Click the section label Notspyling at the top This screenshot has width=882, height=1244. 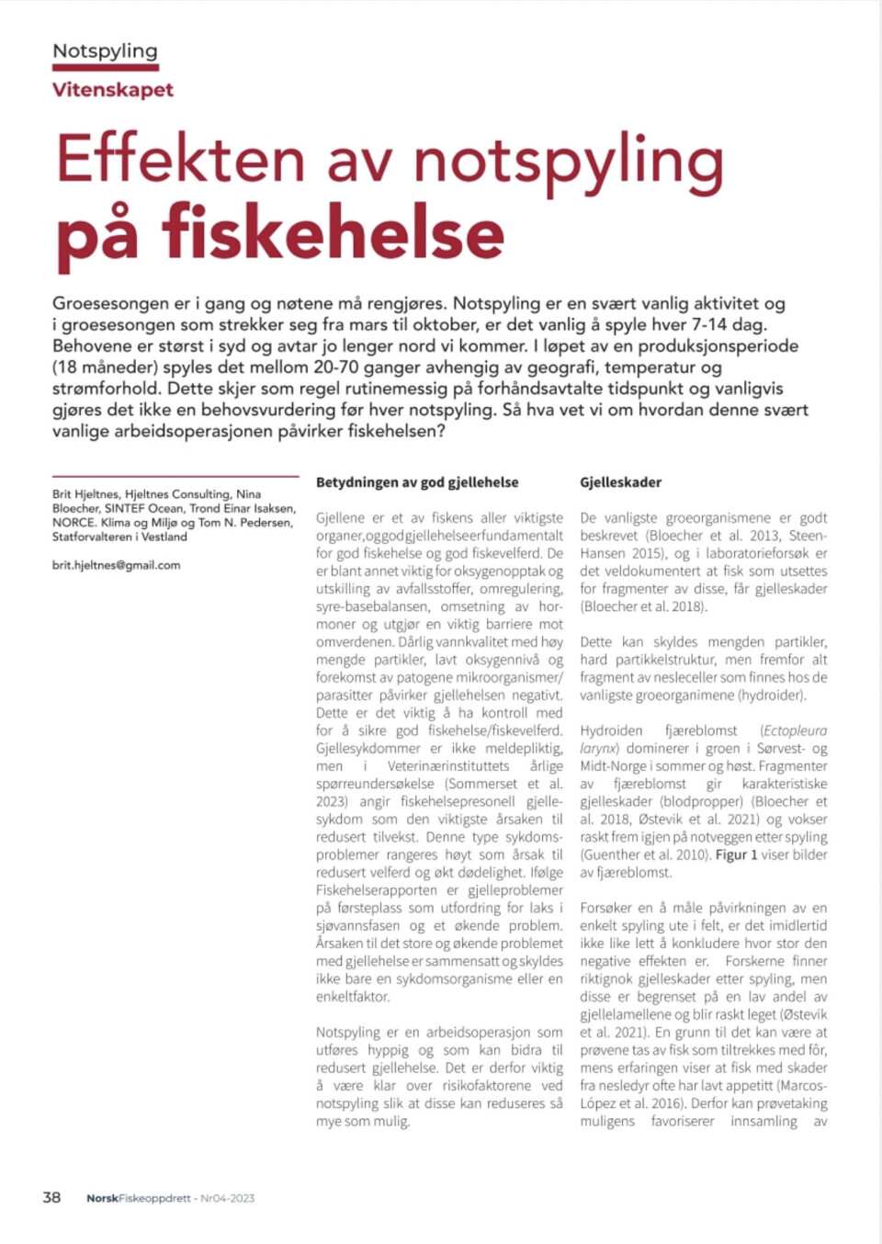(105, 51)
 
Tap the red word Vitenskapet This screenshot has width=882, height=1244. (112, 90)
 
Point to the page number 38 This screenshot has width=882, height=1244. (51, 1197)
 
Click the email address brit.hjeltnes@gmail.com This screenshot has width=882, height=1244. (116, 565)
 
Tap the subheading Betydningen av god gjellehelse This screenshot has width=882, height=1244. (417, 482)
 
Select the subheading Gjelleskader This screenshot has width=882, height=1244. (620, 482)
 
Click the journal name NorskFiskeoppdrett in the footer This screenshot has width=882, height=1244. (139, 1198)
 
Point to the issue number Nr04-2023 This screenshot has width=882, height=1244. (228, 1198)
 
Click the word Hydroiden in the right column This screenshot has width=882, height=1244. (611, 730)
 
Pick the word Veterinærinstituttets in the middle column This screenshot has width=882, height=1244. (448, 766)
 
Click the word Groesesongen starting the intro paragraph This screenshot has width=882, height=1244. (110, 303)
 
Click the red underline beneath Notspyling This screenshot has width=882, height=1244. (105, 67)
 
